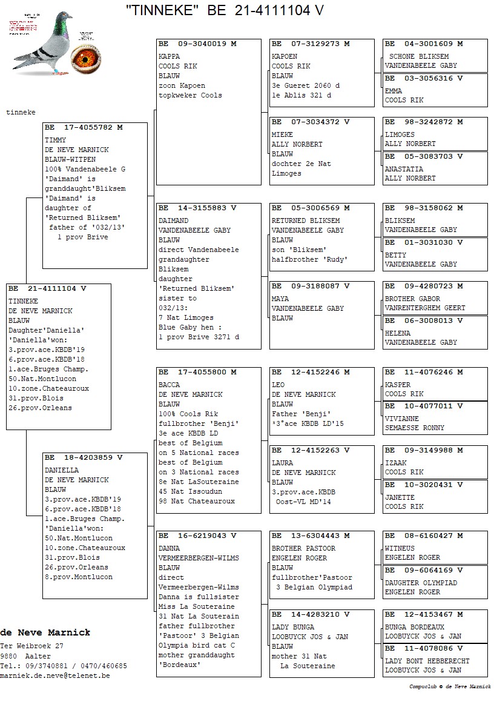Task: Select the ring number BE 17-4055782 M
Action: [x=84, y=127]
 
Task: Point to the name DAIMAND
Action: [x=173, y=221]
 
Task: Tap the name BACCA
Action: [x=169, y=385]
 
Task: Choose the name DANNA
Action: [x=169, y=548]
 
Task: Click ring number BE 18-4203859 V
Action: [x=84, y=457]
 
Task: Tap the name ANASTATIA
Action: [x=404, y=169]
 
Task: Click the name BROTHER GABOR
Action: [x=412, y=299]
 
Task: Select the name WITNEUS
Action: [x=400, y=548]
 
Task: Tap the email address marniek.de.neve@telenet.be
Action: [x=55, y=675]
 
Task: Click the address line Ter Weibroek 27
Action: [x=31, y=646]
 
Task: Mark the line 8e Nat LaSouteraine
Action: [x=199, y=482]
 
